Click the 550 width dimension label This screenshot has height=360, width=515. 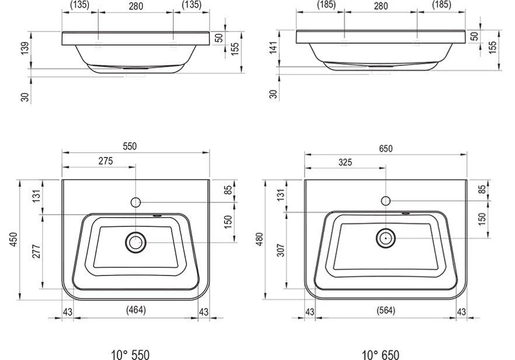[x=130, y=146]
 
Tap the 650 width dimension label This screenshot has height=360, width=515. [x=385, y=149]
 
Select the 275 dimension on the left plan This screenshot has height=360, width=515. [x=106, y=161]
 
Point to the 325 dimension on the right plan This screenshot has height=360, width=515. [x=345, y=162]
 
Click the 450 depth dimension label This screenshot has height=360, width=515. [x=13, y=240]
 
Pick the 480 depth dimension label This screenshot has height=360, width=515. [x=259, y=239]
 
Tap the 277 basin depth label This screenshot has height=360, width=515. [x=36, y=251]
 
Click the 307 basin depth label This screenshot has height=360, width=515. [x=281, y=250]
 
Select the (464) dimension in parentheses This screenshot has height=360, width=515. [x=136, y=309]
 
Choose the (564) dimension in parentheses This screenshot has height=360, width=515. [x=386, y=310]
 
